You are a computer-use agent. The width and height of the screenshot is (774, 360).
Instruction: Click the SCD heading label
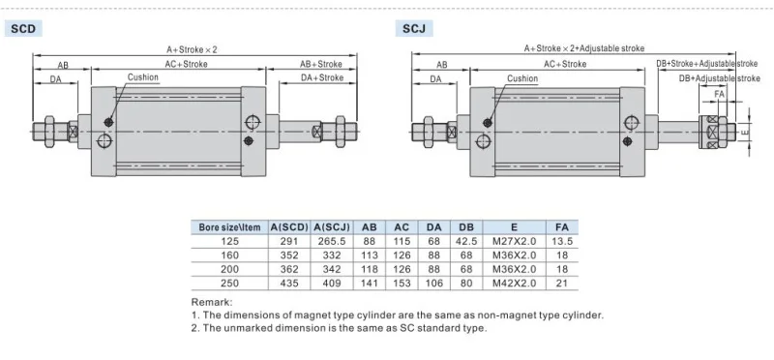[23, 29]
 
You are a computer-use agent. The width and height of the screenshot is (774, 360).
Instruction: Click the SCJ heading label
[414, 29]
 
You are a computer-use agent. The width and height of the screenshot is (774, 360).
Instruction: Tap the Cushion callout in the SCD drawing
[143, 77]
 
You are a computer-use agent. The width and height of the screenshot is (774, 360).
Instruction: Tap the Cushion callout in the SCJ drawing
[522, 78]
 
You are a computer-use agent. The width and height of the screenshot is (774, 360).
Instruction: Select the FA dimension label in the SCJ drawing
[720, 94]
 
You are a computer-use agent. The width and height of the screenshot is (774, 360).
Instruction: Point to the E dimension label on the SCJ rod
[745, 132]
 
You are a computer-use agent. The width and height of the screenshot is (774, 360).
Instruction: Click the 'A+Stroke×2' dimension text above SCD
[192, 49]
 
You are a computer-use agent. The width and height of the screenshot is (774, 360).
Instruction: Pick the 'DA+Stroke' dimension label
[322, 77]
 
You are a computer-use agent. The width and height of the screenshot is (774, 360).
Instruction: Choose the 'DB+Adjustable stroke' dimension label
[719, 78]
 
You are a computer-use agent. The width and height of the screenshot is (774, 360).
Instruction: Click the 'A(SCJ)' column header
[332, 227]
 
